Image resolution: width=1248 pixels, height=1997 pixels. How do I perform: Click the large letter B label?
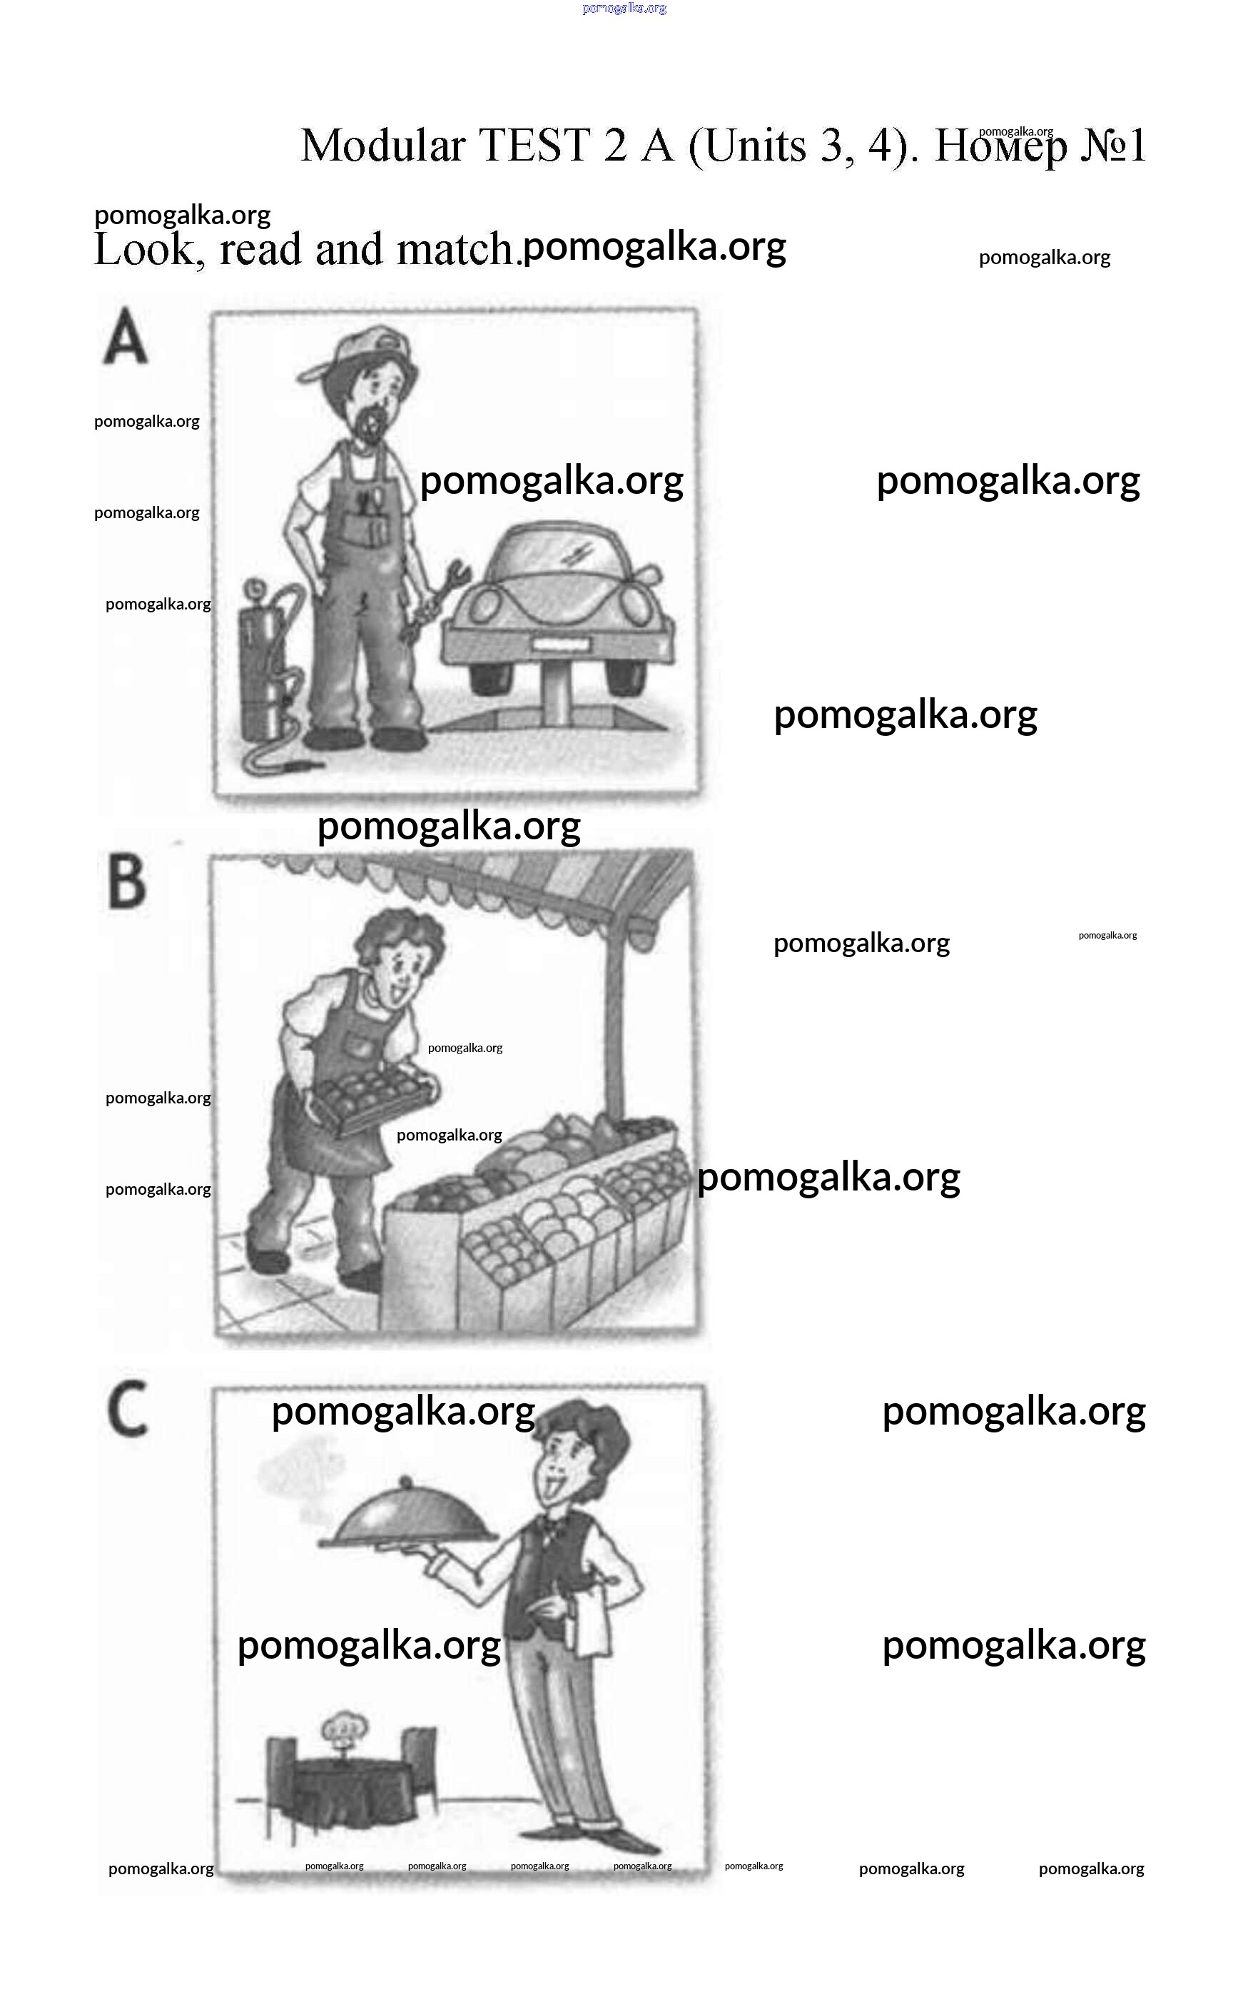127,882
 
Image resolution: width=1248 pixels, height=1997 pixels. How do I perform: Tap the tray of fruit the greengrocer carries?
372,1097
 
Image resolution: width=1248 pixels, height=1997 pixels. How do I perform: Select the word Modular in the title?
383,146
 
